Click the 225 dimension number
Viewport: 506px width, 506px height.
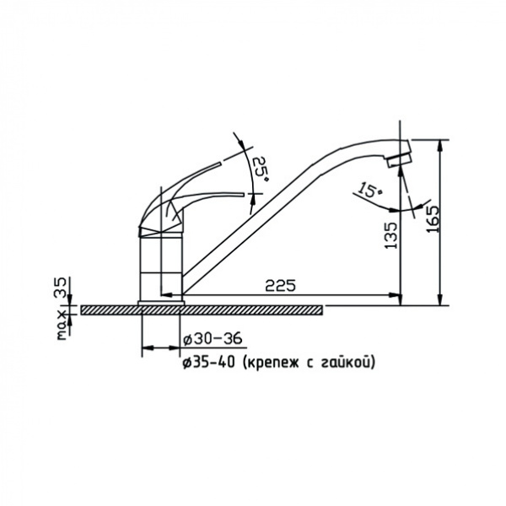point(280,286)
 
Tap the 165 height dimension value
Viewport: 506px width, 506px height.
point(433,218)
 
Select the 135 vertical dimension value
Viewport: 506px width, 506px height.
point(391,235)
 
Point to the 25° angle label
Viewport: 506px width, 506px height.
point(261,169)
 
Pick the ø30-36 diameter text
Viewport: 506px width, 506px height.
point(212,339)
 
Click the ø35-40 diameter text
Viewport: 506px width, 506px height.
point(209,363)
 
